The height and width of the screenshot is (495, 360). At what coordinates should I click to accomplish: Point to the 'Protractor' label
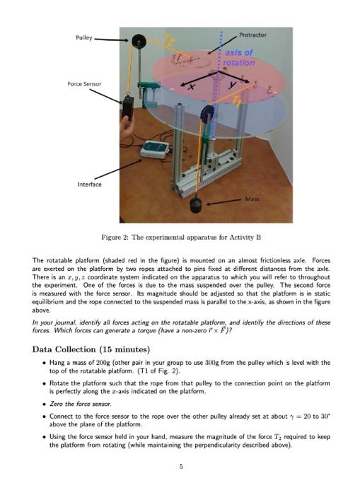[252, 35]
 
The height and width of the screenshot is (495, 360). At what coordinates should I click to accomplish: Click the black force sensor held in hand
[128, 106]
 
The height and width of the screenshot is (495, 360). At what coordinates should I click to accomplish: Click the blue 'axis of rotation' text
[240, 58]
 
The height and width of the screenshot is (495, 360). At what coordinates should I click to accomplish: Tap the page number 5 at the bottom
[180, 465]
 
